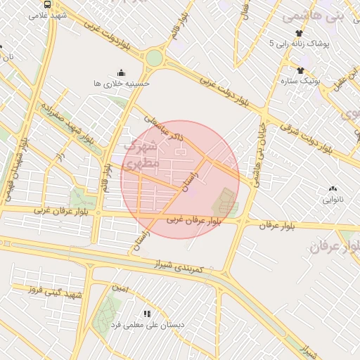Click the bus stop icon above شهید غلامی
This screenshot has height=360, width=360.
46,4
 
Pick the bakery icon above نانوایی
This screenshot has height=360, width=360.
333,188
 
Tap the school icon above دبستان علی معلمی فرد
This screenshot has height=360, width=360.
147,314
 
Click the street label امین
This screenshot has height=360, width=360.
120,287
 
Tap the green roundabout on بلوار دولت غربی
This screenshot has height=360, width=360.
154,58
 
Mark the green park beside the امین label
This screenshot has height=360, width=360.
108,309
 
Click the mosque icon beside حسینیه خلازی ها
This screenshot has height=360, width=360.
121,72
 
